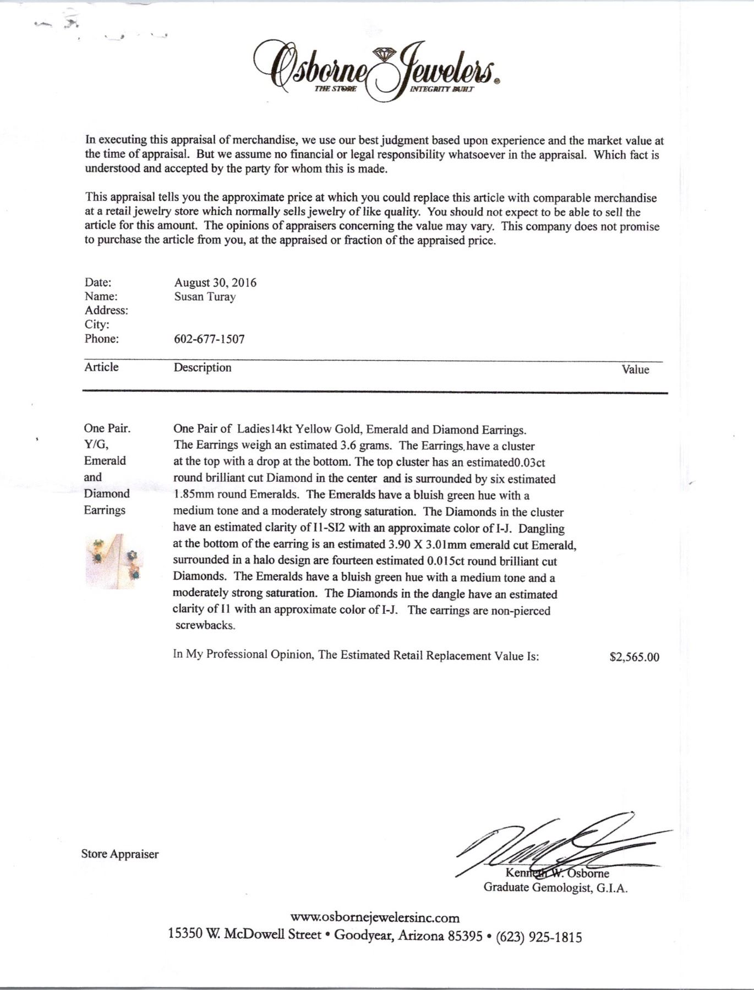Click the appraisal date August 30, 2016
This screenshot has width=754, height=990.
click(215, 283)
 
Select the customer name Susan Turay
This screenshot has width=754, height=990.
click(205, 297)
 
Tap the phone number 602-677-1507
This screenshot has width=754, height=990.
click(209, 339)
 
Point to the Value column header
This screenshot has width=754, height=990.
click(635, 370)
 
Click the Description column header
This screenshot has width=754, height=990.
click(203, 367)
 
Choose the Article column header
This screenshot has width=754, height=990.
click(101, 367)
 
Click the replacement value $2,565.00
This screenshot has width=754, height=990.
click(634, 657)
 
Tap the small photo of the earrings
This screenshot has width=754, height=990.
click(114, 561)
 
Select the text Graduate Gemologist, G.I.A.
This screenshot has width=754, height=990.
click(555, 887)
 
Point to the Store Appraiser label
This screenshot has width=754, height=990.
click(120, 854)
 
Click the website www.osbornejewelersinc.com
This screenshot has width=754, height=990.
click(375, 917)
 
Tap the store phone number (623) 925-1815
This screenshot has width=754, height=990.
click(539, 937)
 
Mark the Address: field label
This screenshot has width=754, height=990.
click(106, 311)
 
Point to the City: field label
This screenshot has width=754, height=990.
click(97, 324)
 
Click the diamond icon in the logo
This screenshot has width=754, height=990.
click(384, 54)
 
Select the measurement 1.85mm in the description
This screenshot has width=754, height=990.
click(194, 495)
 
